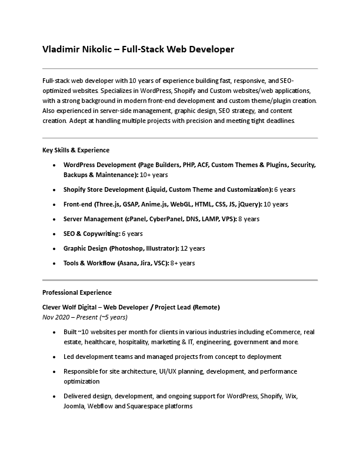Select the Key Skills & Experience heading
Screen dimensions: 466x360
point(76,150)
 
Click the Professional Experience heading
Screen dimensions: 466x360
point(77,292)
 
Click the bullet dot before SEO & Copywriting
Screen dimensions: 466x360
point(55,234)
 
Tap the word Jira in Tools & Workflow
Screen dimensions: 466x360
point(148,263)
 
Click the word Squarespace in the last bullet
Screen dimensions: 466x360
point(172,406)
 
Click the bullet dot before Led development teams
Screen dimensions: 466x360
point(55,357)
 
